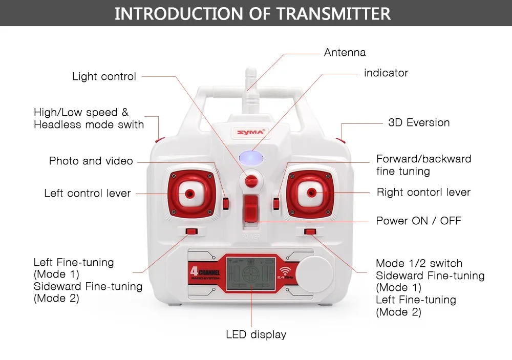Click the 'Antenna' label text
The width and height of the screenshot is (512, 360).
(x=345, y=52)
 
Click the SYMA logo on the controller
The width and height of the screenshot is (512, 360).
(x=251, y=132)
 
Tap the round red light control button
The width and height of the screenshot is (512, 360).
(x=251, y=181)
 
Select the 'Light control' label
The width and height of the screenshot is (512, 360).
(x=104, y=77)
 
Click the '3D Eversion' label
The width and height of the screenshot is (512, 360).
(x=419, y=123)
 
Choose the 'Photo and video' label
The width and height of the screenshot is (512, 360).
(x=91, y=161)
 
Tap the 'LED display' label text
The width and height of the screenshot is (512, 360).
(x=256, y=335)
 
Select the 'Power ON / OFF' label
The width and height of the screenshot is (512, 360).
(x=418, y=221)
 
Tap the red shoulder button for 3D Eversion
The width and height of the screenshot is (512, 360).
(x=340, y=138)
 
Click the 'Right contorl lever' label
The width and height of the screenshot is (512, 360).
(x=423, y=193)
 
